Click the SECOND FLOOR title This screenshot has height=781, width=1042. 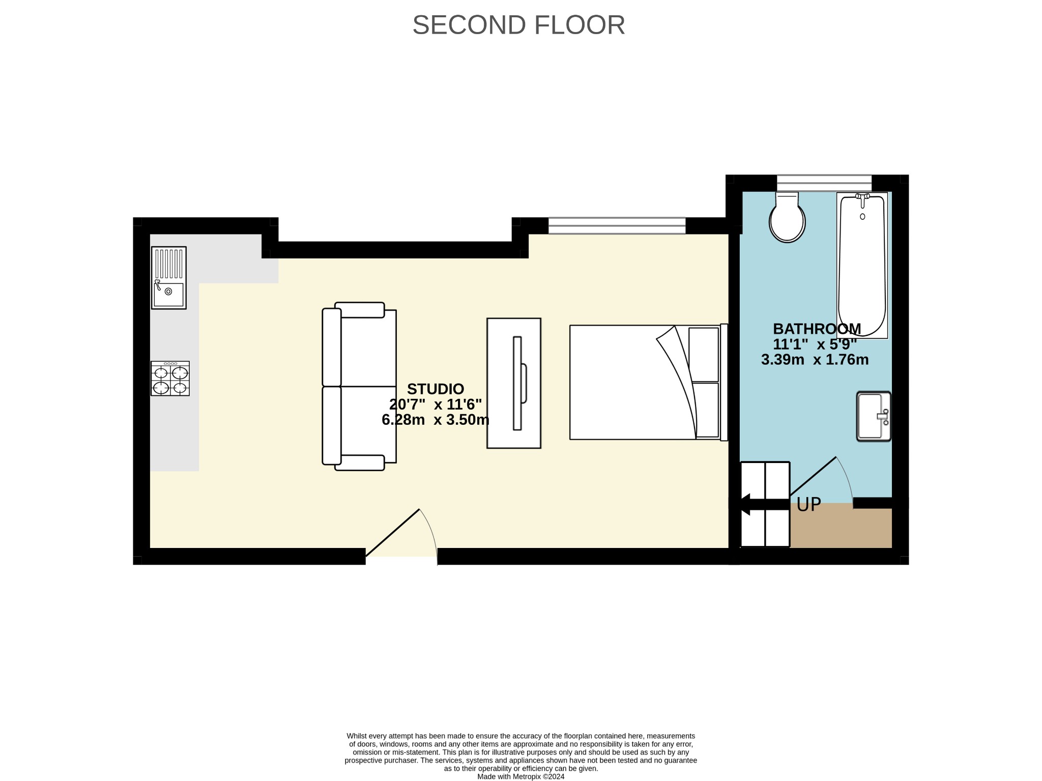(518, 25)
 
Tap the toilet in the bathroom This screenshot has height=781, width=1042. (787, 217)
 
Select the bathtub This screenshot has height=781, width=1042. (862, 265)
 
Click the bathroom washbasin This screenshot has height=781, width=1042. (874, 416)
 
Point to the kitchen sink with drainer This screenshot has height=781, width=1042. (169, 278)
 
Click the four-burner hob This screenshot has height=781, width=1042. (170, 379)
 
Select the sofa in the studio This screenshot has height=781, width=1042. (359, 386)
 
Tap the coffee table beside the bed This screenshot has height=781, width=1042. (514, 383)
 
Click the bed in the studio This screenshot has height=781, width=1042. (649, 382)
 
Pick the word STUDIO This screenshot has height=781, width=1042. (436, 389)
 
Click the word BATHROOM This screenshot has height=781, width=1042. (817, 328)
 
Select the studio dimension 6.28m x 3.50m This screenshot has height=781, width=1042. (436, 420)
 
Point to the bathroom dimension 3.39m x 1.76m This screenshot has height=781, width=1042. (815, 360)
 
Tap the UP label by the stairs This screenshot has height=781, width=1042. (808, 504)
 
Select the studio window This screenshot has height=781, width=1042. (617, 225)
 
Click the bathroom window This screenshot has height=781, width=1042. (824, 183)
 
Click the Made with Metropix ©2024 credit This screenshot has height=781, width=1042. (520, 776)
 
